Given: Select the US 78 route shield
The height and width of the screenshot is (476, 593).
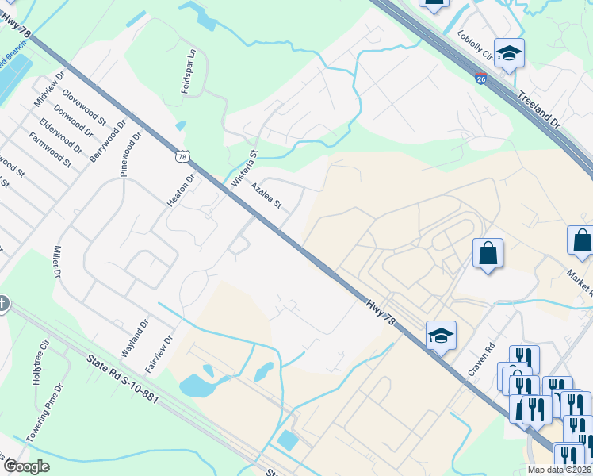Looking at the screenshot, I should (x=182, y=157).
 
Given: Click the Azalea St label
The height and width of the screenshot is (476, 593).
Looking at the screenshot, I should (x=266, y=194).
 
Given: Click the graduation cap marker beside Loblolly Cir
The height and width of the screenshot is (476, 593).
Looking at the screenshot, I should (x=509, y=53).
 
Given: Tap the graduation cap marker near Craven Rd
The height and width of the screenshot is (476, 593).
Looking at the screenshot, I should (x=441, y=336).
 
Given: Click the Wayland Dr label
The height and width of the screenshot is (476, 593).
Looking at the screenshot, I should (x=135, y=337).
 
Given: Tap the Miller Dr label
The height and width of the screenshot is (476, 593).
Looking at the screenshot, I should (x=57, y=261).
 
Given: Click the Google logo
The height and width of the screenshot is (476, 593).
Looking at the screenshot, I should (x=26, y=466).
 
